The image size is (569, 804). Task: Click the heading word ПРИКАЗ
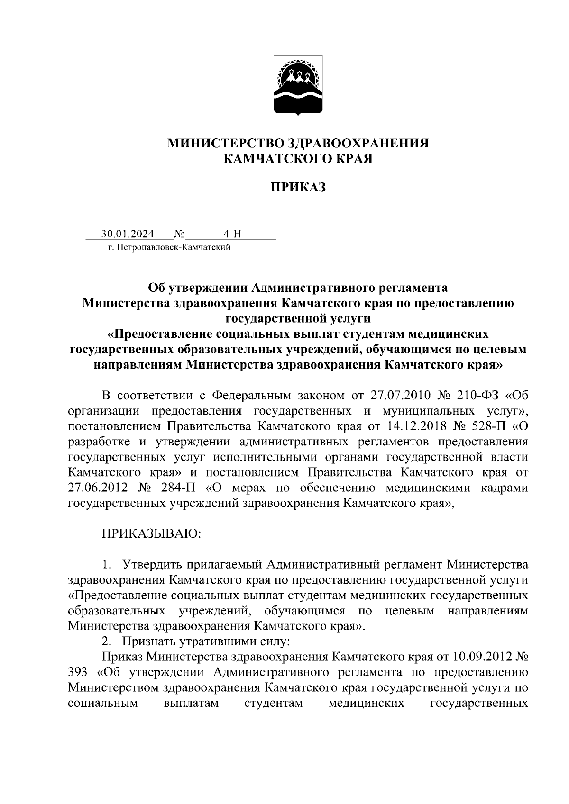tap(299, 188)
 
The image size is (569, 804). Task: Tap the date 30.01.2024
tap(127, 234)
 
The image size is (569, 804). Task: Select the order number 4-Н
tap(232, 234)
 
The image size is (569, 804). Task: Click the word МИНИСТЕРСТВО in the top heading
tap(225, 144)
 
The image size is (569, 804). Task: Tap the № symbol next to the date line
tap(180, 234)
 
